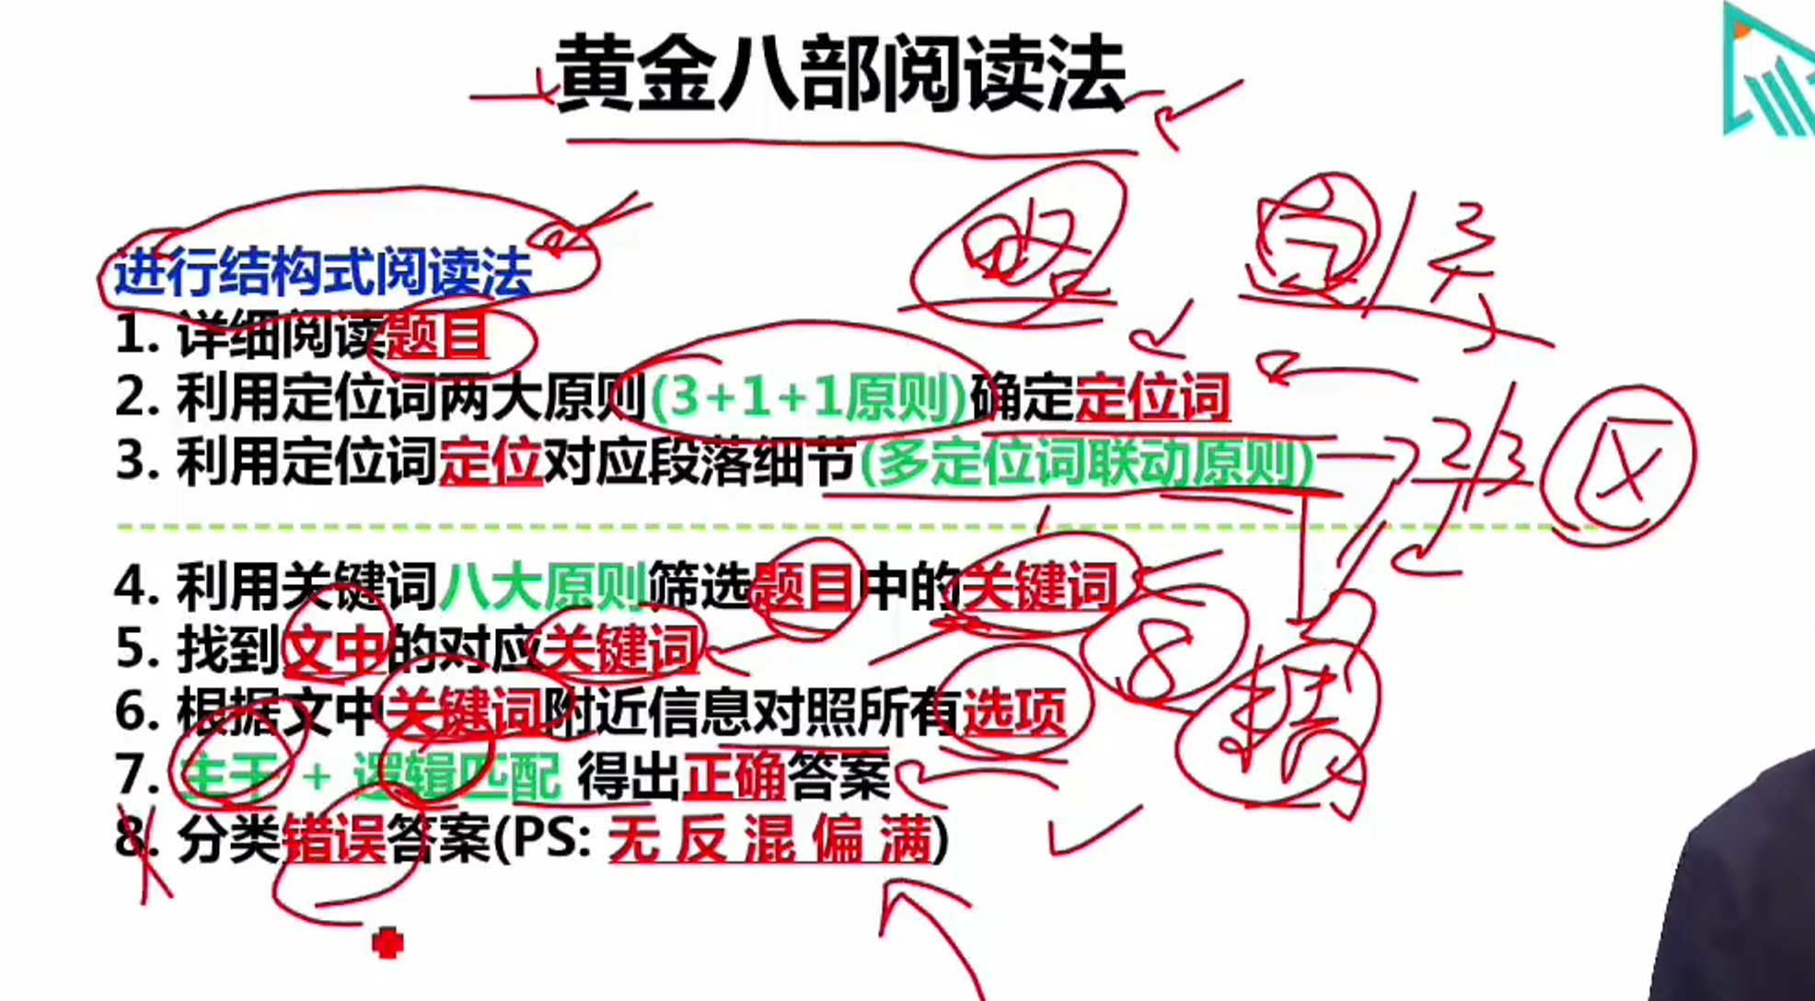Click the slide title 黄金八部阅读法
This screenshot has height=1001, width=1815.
pyautogui.click(x=840, y=74)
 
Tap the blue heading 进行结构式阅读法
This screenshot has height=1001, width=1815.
pyautogui.click(x=322, y=272)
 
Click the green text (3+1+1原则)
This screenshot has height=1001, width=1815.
pyautogui.click(x=808, y=397)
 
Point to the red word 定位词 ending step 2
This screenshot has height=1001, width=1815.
pyautogui.click(x=1151, y=397)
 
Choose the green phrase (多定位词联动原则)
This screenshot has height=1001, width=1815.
pyautogui.click(x=1086, y=462)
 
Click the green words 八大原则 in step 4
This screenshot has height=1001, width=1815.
pyautogui.click(x=543, y=587)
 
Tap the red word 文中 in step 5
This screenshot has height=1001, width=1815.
pyautogui.click(x=333, y=650)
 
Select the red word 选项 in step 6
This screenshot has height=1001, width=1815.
pyautogui.click(x=1013, y=711)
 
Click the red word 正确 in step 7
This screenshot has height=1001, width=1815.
pyautogui.click(x=734, y=776)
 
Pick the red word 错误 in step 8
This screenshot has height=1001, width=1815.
pyautogui.click(x=333, y=838)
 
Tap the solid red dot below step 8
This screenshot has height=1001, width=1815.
pyautogui.click(x=387, y=943)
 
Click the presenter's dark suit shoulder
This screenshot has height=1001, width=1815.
pyautogui.click(x=1749, y=883)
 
